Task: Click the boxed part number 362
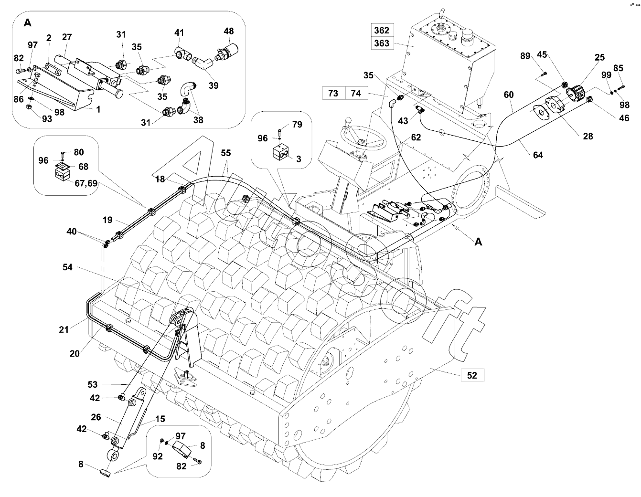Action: point(382,30)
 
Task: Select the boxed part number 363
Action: point(382,43)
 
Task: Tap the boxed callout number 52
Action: point(472,375)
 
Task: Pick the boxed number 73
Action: point(333,93)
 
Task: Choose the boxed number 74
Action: point(356,93)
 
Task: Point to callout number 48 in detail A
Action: point(229,32)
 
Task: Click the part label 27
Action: point(67,37)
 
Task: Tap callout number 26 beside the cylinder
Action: point(96,417)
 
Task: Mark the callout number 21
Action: point(64,329)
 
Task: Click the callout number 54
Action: point(67,267)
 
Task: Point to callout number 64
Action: point(538,155)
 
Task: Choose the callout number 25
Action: point(599,58)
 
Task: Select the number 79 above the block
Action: point(297,125)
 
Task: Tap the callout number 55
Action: point(225,153)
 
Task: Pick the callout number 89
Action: point(525,56)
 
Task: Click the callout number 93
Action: point(47,119)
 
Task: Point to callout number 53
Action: point(93,384)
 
